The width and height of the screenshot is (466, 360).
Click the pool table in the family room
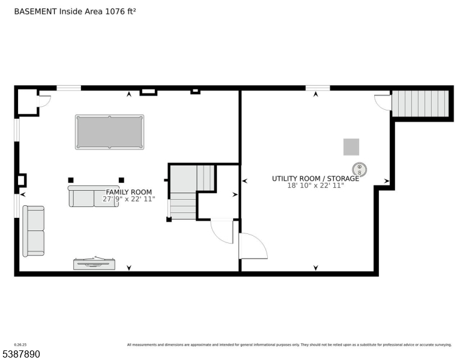click(109, 132)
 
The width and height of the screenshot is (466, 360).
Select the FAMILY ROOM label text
click(129, 192)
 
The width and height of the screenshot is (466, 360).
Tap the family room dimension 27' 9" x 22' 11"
click(129, 199)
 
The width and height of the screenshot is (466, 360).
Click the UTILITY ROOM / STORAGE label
click(315, 178)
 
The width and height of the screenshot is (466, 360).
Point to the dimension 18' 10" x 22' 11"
click(315, 186)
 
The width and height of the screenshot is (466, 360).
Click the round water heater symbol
click(359, 168)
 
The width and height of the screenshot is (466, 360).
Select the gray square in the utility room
click(351, 146)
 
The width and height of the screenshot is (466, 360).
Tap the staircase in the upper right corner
click(420, 103)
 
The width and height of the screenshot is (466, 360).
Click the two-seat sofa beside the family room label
click(93, 197)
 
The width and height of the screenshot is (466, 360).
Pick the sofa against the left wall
click(34, 230)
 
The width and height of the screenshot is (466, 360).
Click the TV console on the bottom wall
click(94, 263)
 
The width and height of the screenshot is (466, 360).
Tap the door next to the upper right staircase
click(383, 102)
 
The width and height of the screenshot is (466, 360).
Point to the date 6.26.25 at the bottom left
click(9, 344)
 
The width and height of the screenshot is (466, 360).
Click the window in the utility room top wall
click(317, 88)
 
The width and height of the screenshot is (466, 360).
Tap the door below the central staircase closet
click(222, 231)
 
